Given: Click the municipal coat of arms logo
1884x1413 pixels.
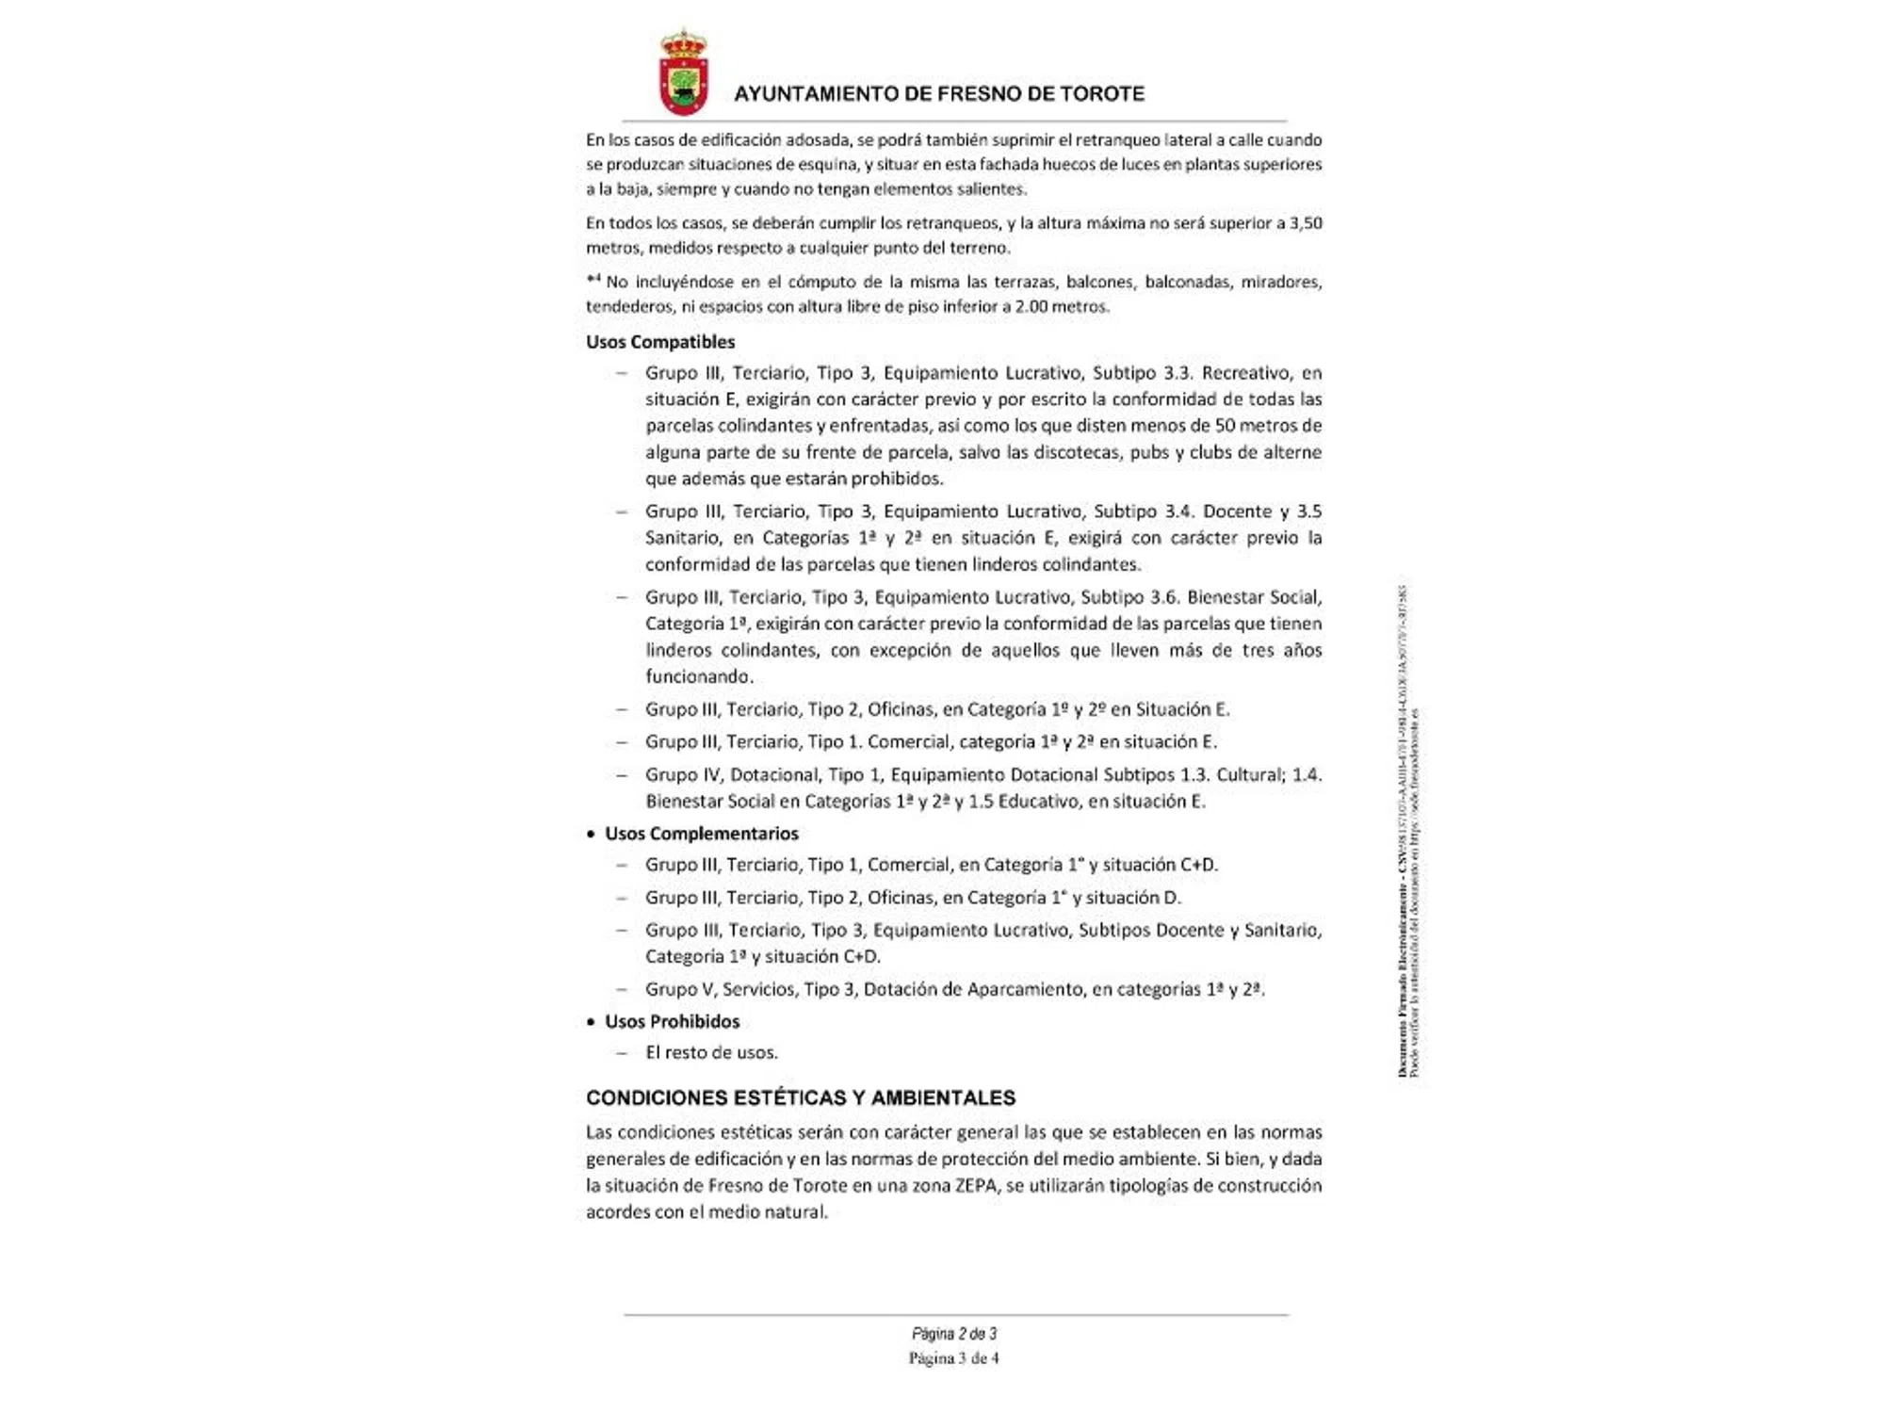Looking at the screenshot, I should pos(683,73).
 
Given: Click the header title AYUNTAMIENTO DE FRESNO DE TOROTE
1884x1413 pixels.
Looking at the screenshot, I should pos(939,94).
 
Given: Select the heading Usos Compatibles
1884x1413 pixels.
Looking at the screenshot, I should pos(660,342).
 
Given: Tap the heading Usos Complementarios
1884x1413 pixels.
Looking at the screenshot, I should pos(702,834).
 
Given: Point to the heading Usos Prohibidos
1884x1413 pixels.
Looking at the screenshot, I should pos(672,1021).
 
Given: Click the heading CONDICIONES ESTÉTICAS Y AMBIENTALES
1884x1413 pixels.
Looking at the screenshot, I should pos(801,1097).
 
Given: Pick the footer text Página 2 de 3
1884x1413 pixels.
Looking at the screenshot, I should pos(954,1334).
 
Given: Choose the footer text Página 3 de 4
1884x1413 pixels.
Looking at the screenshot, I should pos(954,1358).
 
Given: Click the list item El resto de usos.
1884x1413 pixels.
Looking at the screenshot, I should pos(711,1052).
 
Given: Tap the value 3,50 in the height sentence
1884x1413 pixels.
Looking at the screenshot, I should pos(1306,223).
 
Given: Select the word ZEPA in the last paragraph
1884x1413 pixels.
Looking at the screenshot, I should pos(975,1185).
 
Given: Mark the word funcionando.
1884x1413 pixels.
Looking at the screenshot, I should pos(698,676).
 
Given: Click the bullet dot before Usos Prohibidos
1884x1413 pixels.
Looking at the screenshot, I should pos(591,1022).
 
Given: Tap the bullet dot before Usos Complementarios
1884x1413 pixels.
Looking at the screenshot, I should pos(591,835).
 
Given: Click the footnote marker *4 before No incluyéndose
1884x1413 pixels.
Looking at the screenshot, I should pos(593,279).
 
